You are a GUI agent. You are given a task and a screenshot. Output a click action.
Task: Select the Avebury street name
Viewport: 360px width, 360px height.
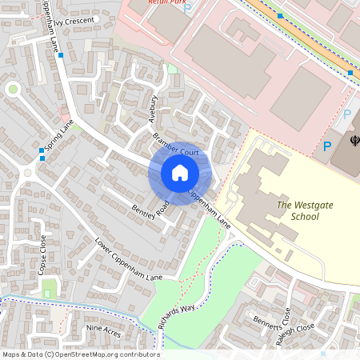click(154, 110)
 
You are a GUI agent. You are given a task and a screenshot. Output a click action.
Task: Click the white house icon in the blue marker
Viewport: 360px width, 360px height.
click(179, 172)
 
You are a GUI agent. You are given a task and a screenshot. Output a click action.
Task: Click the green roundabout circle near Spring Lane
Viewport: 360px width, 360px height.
click(13, 90)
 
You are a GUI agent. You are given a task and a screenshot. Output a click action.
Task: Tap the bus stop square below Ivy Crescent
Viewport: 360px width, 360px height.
click(61, 55)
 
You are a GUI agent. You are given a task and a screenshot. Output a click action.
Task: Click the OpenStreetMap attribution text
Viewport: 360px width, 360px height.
click(80, 354)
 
